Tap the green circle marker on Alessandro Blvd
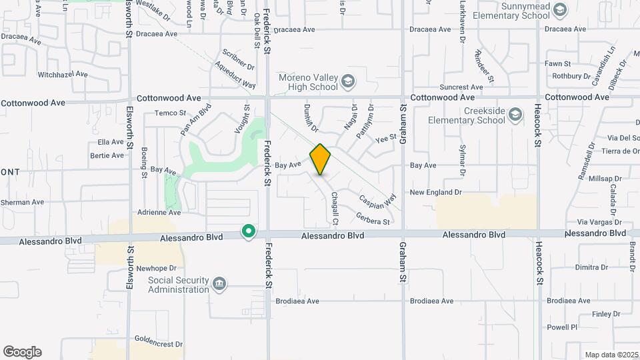(249, 232)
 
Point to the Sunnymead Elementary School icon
(559, 9)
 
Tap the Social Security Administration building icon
(219, 285)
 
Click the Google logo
(22, 352)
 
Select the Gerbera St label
(373, 218)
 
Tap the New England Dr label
(435, 192)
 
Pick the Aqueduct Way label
(235, 75)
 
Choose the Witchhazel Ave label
(62, 75)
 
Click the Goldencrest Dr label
(158, 345)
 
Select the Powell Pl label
(562, 327)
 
